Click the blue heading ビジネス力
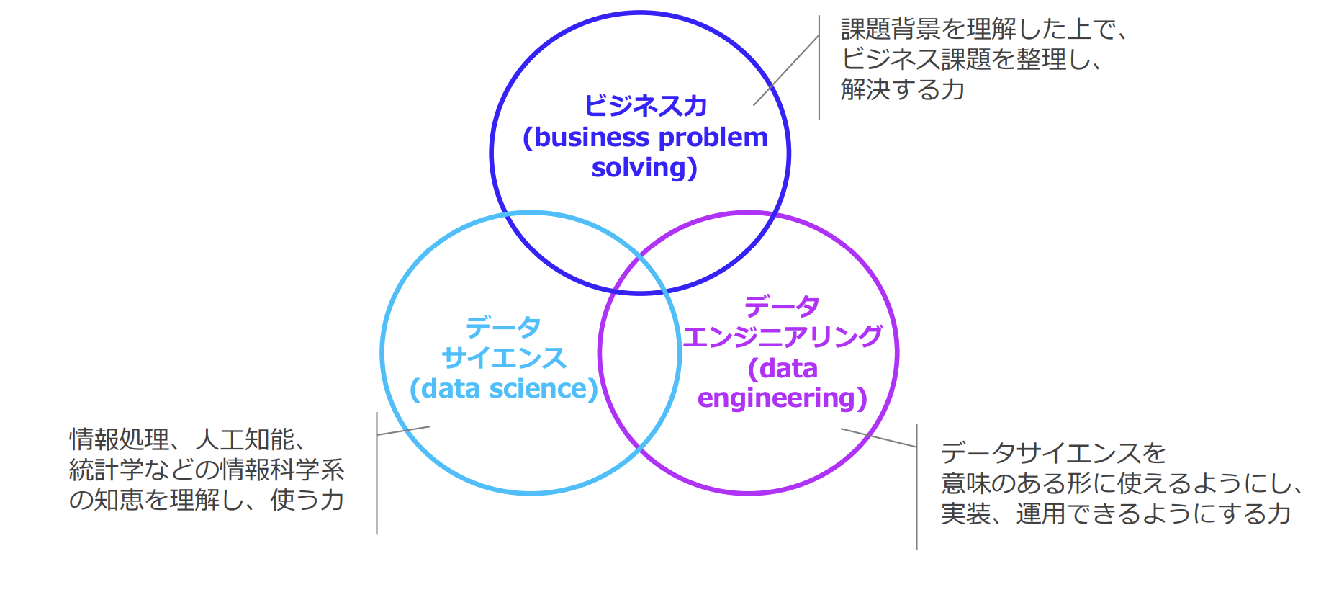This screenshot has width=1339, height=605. (646, 106)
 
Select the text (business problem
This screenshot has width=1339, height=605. (646, 138)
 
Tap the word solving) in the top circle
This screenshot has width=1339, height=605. (644, 168)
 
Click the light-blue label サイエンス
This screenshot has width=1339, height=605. (504, 358)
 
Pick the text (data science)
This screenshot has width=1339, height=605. (504, 389)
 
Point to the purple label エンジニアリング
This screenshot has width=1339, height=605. (783, 336)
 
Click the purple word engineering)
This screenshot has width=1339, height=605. (783, 398)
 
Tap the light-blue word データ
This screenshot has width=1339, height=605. (503, 327)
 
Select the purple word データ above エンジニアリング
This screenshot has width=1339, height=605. (782, 306)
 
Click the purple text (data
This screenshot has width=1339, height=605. (783, 369)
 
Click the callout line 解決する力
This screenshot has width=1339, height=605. (903, 89)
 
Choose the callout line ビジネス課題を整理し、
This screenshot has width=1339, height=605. (972, 59)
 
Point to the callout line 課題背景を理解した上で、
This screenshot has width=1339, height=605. (984, 29)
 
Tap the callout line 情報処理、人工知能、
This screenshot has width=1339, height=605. (189, 439)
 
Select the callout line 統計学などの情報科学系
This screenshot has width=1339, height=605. (207, 470)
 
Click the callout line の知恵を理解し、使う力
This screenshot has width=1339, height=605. (207, 500)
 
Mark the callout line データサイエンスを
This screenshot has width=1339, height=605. (1053, 453)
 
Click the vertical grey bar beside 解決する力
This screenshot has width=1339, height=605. (819, 67)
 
